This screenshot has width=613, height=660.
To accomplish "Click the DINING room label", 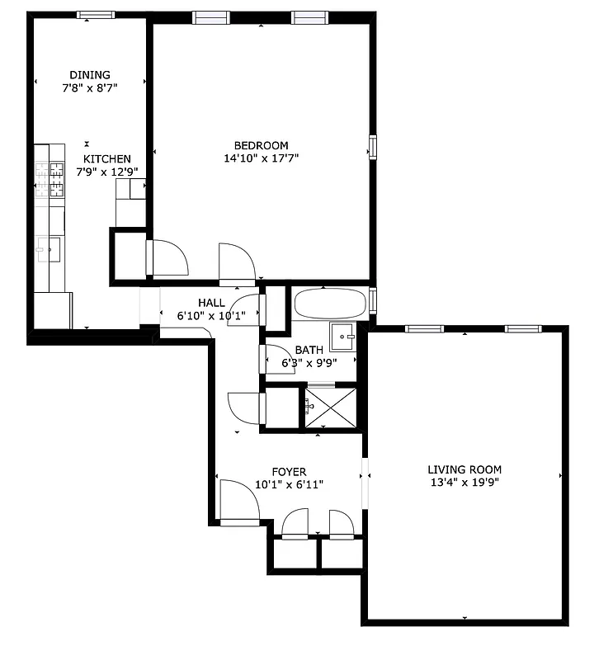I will coord(90,75).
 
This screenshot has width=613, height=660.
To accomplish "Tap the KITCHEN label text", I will coord(106,159).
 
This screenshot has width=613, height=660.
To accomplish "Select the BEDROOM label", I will coord(261,146).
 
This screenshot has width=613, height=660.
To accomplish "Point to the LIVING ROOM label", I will coord(464,469).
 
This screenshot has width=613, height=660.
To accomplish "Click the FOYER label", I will coord(289,472).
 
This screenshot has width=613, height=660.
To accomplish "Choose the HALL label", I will coord(211,303).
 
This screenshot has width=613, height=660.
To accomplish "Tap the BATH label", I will coord(309,350).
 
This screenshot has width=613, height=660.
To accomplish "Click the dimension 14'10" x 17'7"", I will coord(261,158).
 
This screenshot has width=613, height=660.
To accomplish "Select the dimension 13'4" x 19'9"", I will coord(464,483).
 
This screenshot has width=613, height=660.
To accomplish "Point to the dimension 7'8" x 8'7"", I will coord(90,87).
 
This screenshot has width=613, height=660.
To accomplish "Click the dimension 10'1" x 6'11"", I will coord(289,484).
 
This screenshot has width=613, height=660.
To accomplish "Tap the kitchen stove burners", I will coord(49,181).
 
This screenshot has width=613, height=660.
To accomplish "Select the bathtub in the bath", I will coord(329,304).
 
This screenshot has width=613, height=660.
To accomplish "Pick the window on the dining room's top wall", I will coord(97,14).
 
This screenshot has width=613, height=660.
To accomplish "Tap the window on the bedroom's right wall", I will coord(373,147).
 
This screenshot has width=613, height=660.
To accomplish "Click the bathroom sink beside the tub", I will coord(343,337).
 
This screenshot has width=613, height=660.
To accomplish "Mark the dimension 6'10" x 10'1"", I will coord(211,315).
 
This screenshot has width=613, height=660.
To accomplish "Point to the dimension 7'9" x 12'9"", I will coord(106,172).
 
